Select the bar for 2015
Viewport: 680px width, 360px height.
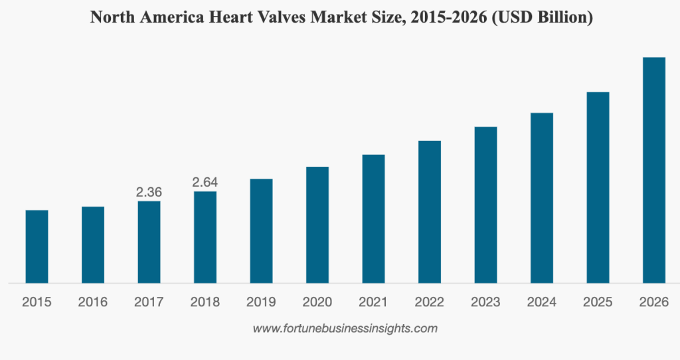tap(37, 246)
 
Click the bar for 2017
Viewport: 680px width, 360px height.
tap(149, 242)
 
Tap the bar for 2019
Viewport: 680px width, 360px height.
tap(261, 230)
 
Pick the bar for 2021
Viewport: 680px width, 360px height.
tap(373, 219)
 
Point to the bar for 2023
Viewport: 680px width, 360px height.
tap(485, 205)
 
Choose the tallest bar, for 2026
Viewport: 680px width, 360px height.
tap(654, 170)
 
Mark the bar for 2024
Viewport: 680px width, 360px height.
tap(542, 198)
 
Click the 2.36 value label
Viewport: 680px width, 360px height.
tap(149, 192)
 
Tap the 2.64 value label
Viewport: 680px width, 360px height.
tap(205, 182)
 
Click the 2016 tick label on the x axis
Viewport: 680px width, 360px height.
tap(93, 302)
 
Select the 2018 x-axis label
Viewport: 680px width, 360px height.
tap(205, 302)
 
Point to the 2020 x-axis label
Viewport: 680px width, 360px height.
tap(317, 302)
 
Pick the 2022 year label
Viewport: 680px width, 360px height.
tap(430, 302)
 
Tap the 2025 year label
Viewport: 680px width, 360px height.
tap(598, 302)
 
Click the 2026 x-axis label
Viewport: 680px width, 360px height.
tap(654, 302)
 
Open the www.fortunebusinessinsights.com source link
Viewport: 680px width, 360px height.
tap(345, 328)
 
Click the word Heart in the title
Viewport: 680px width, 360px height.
tap(245, 18)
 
